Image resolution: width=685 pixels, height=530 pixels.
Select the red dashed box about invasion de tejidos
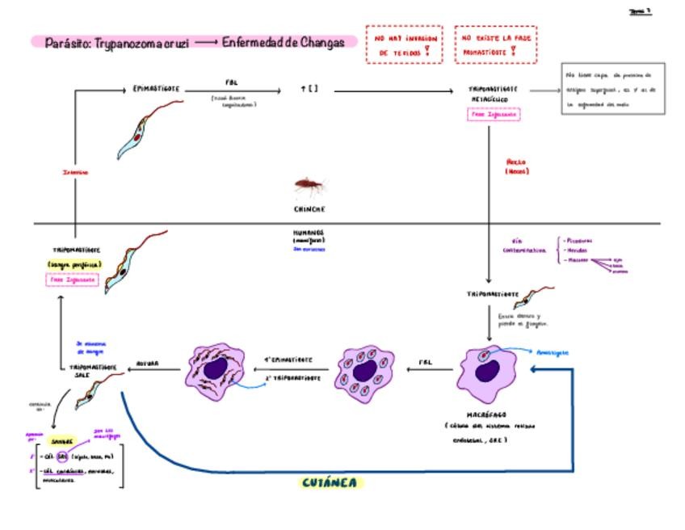pyautogui.click(x=404, y=44)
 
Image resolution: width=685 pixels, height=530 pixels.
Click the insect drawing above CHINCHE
pyautogui.click(x=309, y=187)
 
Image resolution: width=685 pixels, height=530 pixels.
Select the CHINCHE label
pyautogui.click(x=309, y=209)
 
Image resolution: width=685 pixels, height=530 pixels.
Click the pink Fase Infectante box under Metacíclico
pyautogui.click(x=493, y=115)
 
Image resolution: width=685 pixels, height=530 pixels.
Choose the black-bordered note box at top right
pyautogui.click(x=612, y=89)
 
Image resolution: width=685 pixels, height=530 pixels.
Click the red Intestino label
pyautogui.click(x=75, y=172)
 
